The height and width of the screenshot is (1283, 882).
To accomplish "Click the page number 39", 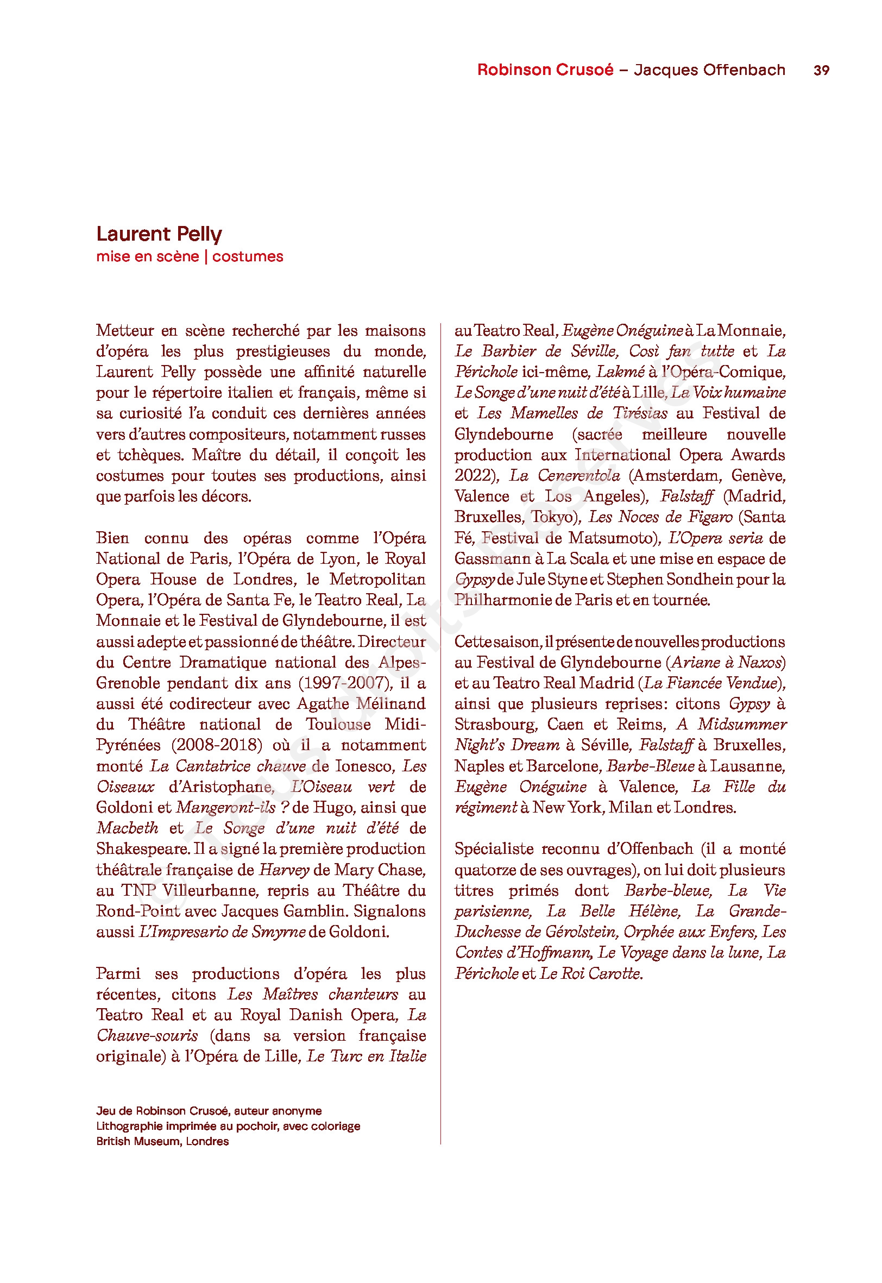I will coord(821,70).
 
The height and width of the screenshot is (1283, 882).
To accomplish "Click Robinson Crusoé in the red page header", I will coord(545,70).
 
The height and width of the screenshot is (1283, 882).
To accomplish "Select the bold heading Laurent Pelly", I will coord(159,234).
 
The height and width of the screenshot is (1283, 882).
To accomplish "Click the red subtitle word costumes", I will coord(248,256).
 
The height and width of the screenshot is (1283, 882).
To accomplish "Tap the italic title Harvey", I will coord(284,870).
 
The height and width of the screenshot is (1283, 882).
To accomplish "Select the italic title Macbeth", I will coord(127,828).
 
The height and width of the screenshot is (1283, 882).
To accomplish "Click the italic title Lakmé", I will coord(620,372).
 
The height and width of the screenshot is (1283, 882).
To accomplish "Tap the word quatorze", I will coord(486,870).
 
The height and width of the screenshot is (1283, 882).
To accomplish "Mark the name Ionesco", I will coord(364,766).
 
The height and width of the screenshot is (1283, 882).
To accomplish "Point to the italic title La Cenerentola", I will coord(564,475).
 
